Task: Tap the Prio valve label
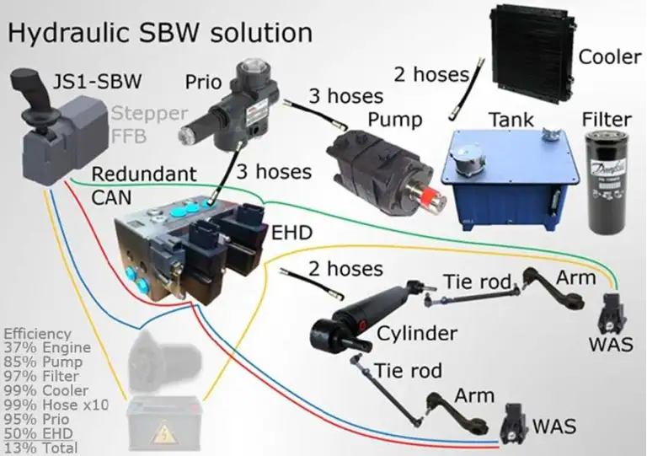(x=203, y=82)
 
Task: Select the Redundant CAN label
(x=143, y=185)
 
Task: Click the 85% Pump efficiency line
(x=41, y=362)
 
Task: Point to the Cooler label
(x=610, y=57)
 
